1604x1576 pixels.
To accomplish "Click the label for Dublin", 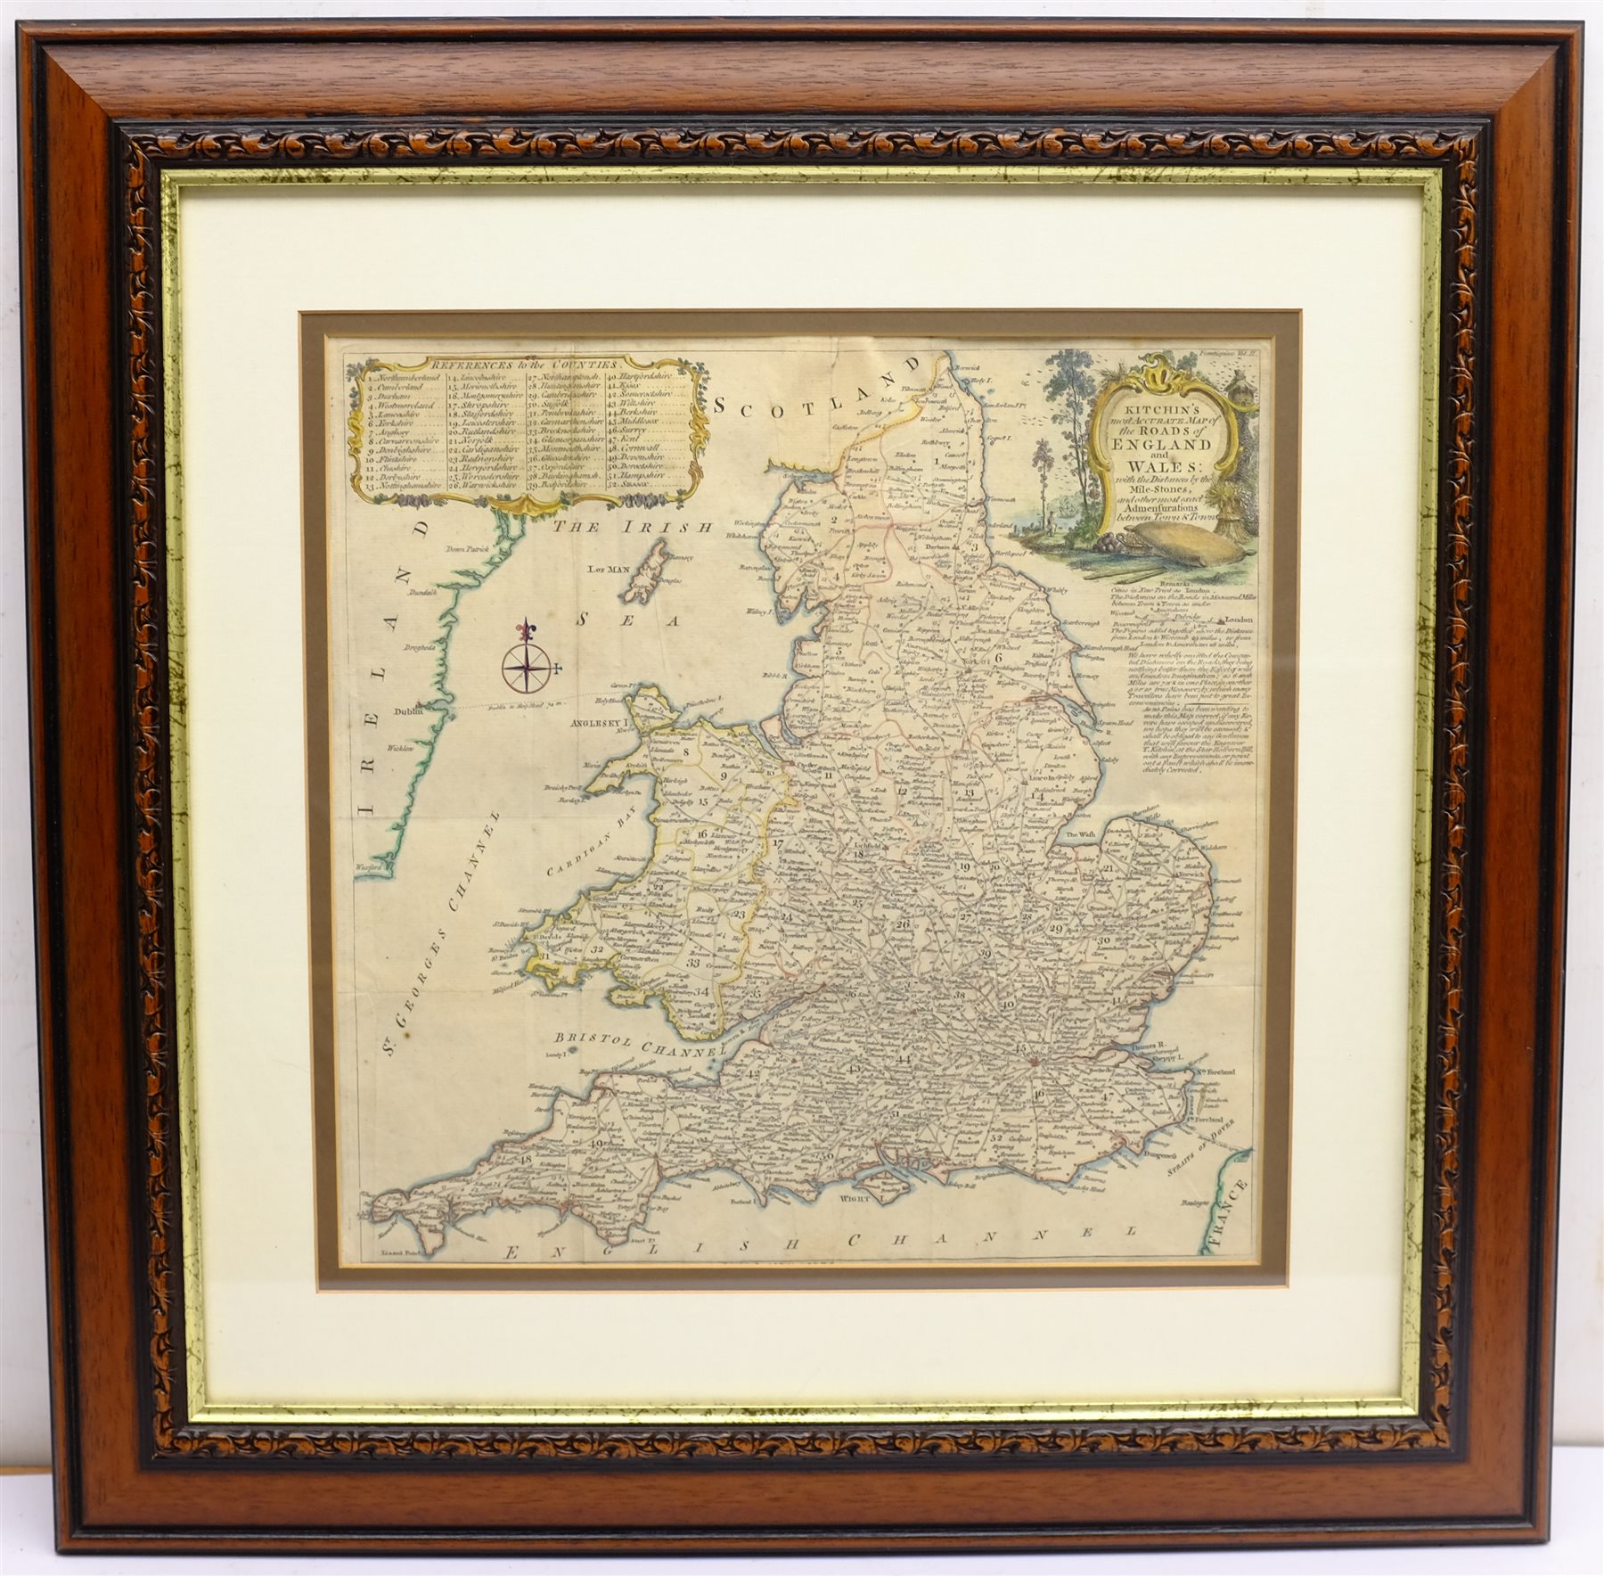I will [x=412, y=710].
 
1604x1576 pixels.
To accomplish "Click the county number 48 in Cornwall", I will [x=525, y=1160].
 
